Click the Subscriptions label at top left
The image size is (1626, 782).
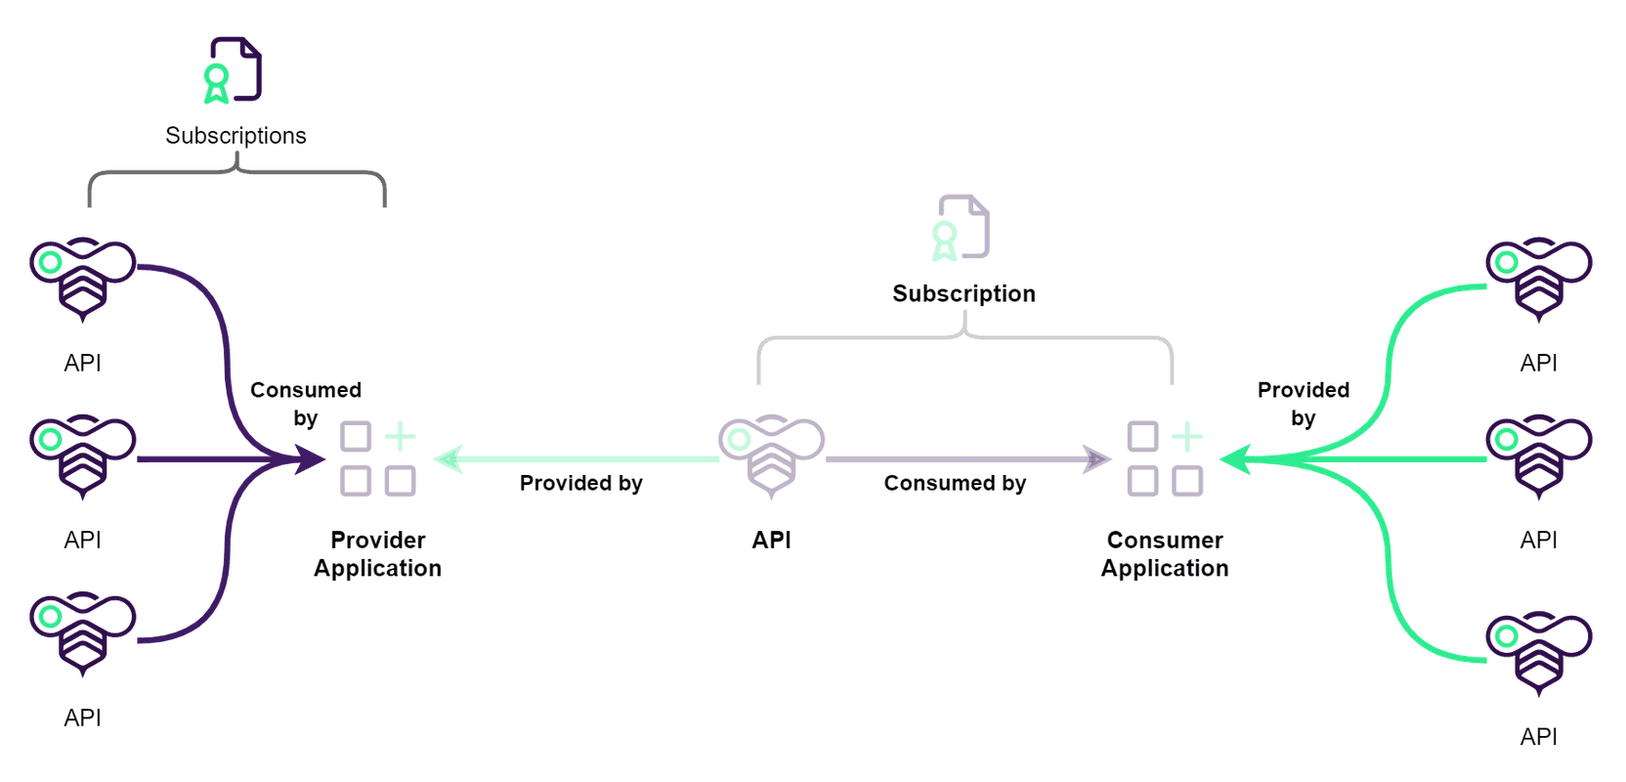pyautogui.click(x=235, y=135)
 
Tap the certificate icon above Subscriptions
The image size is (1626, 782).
pyautogui.click(x=233, y=70)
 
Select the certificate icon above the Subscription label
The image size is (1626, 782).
pyautogui.click(x=962, y=228)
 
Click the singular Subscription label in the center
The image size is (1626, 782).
pyautogui.click(x=963, y=293)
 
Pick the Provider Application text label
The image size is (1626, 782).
pyautogui.click(x=378, y=554)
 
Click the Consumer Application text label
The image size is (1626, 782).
pyautogui.click(x=1165, y=554)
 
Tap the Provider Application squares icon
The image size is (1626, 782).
pyautogui.click(x=378, y=458)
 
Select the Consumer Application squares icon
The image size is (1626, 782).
pyautogui.click(x=1165, y=458)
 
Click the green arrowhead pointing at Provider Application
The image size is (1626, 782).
pyautogui.click(x=448, y=458)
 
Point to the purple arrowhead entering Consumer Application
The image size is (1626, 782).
pyautogui.click(x=1098, y=458)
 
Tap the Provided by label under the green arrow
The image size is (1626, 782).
pyautogui.click(x=581, y=483)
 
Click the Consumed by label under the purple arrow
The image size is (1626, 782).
pyautogui.click(x=955, y=483)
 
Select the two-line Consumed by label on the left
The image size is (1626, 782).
pyautogui.click(x=306, y=404)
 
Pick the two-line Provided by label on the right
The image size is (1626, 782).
pyautogui.click(x=1304, y=404)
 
